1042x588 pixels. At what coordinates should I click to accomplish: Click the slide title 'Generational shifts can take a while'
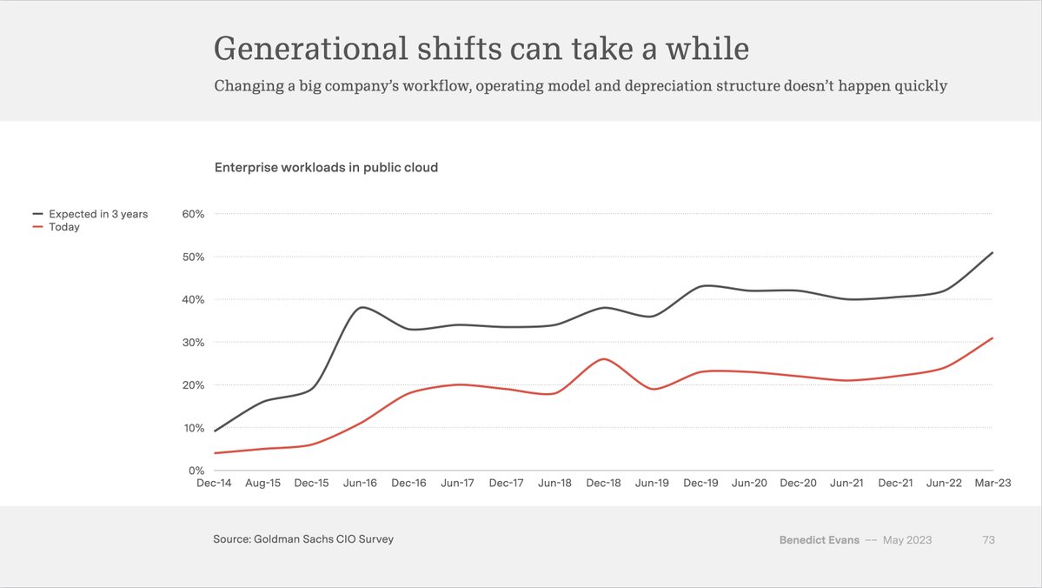(x=481, y=49)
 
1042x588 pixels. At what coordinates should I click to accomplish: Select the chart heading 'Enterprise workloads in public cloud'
(x=326, y=167)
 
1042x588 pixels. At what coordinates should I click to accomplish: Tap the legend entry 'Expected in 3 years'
(x=98, y=214)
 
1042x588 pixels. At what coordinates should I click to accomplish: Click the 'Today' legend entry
(x=64, y=227)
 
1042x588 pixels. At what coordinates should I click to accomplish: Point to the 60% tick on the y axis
(x=192, y=214)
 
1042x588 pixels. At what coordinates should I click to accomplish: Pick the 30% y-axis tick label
(x=192, y=343)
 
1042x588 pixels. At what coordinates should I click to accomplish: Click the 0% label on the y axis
(x=196, y=471)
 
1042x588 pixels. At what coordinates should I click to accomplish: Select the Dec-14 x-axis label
(x=214, y=483)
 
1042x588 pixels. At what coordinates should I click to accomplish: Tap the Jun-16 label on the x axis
(x=359, y=483)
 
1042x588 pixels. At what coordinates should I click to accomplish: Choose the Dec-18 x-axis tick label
(x=603, y=483)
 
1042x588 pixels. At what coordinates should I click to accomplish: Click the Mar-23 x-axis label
(x=992, y=483)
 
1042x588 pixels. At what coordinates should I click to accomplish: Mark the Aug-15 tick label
(x=262, y=483)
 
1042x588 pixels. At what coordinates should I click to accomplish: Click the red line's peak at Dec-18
(x=604, y=359)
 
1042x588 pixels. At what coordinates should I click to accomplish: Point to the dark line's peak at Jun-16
(x=361, y=307)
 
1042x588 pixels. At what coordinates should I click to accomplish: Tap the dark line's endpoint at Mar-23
(x=992, y=253)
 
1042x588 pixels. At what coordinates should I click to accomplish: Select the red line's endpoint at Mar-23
(x=992, y=338)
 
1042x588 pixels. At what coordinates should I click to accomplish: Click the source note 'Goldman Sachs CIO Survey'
(x=323, y=539)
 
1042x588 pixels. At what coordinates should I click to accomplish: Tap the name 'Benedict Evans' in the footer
(x=820, y=540)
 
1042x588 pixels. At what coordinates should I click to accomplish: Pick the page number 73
(x=988, y=540)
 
